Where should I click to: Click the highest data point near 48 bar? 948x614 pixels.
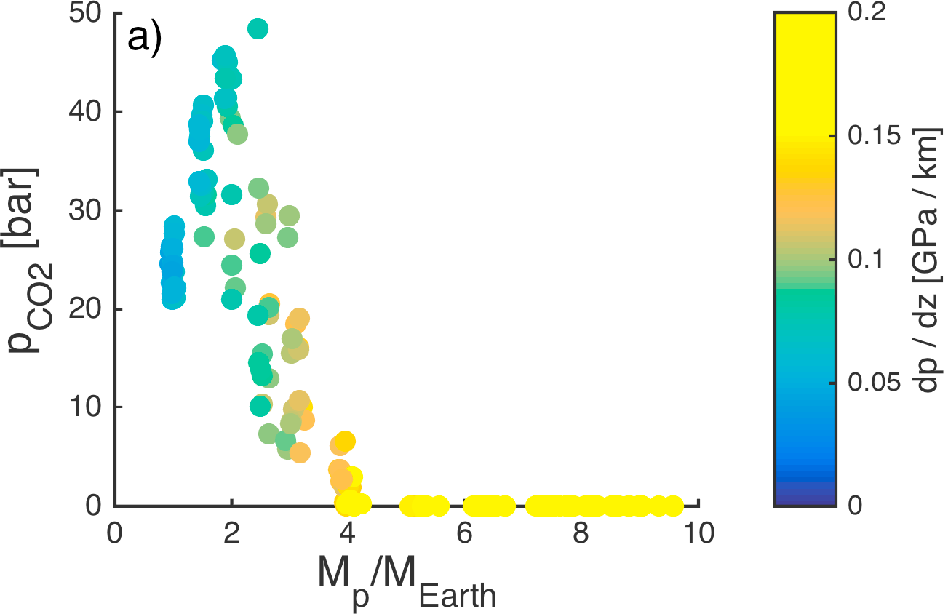258,28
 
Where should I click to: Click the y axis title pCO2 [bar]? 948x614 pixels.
29,260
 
